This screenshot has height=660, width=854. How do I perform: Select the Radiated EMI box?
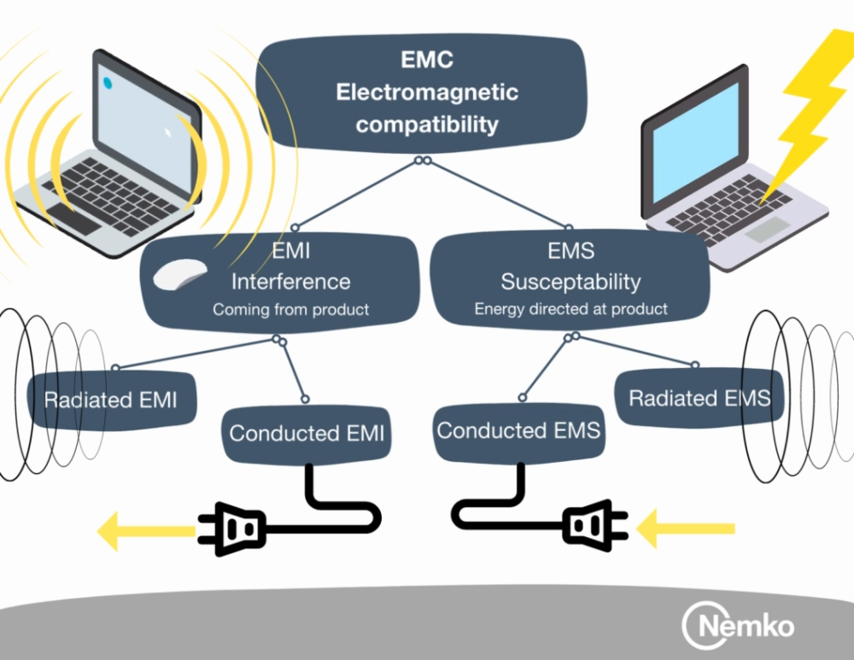[x=111, y=399]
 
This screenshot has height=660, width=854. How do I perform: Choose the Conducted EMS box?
[x=518, y=430]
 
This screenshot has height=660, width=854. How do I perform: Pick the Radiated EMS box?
[x=699, y=398]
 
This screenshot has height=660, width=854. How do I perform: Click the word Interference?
[x=290, y=281]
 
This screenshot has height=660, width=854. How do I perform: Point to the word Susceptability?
[x=570, y=281]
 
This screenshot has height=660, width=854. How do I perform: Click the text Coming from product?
[x=290, y=309]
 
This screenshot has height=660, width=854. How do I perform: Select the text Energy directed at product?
[x=570, y=309]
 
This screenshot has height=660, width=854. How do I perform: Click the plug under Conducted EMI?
[x=234, y=529]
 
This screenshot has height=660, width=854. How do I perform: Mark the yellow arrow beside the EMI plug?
[x=142, y=531]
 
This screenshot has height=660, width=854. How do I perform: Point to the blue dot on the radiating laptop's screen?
[x=108, y=82]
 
